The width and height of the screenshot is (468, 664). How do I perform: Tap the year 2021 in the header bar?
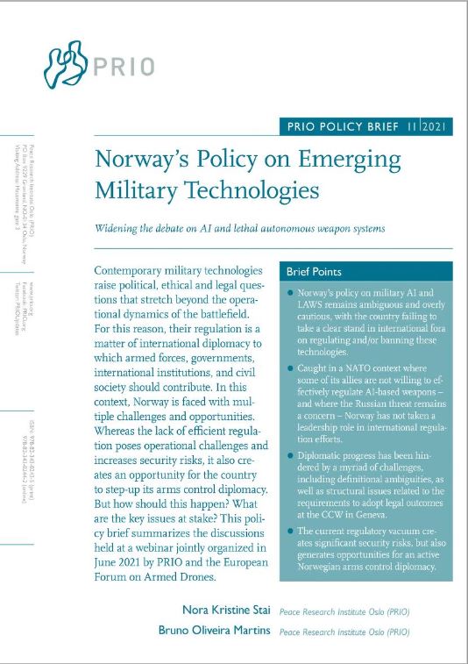(436, 126)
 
